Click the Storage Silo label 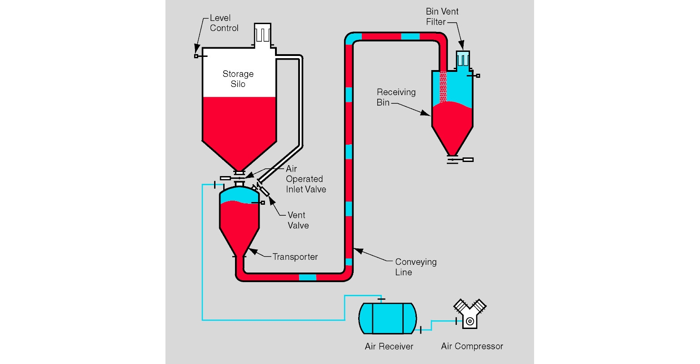(238, 79)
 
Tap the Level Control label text (224, 23)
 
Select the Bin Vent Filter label (442, 17)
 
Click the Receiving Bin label (395, 97)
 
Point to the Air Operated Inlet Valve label (305, 179)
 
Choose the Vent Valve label (298, 220)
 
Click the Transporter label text (295, 257)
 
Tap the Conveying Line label (415, 267)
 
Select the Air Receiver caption (389, 347)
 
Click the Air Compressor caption (472, 346)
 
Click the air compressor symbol (470, 314)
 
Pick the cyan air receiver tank (388, 318)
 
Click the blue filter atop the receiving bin (462, 60)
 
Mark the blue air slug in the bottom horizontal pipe (308, 277)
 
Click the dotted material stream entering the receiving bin (443, 86)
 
